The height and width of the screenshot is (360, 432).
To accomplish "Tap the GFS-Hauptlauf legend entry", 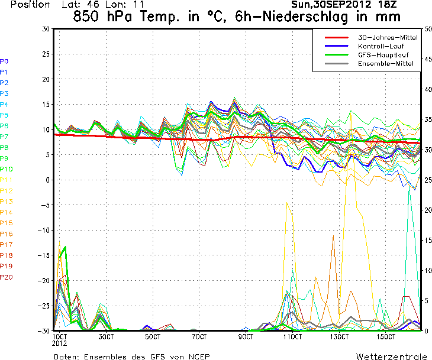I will pos(383,54).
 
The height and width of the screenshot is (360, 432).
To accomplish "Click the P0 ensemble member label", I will pos(4,61).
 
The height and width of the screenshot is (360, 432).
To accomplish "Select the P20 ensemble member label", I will pos(7,277).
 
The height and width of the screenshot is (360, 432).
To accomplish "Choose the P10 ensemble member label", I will pos(7,169).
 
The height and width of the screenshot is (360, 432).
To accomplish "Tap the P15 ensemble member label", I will pos(7,223).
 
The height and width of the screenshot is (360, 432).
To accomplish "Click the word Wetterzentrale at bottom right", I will pos(391,356).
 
